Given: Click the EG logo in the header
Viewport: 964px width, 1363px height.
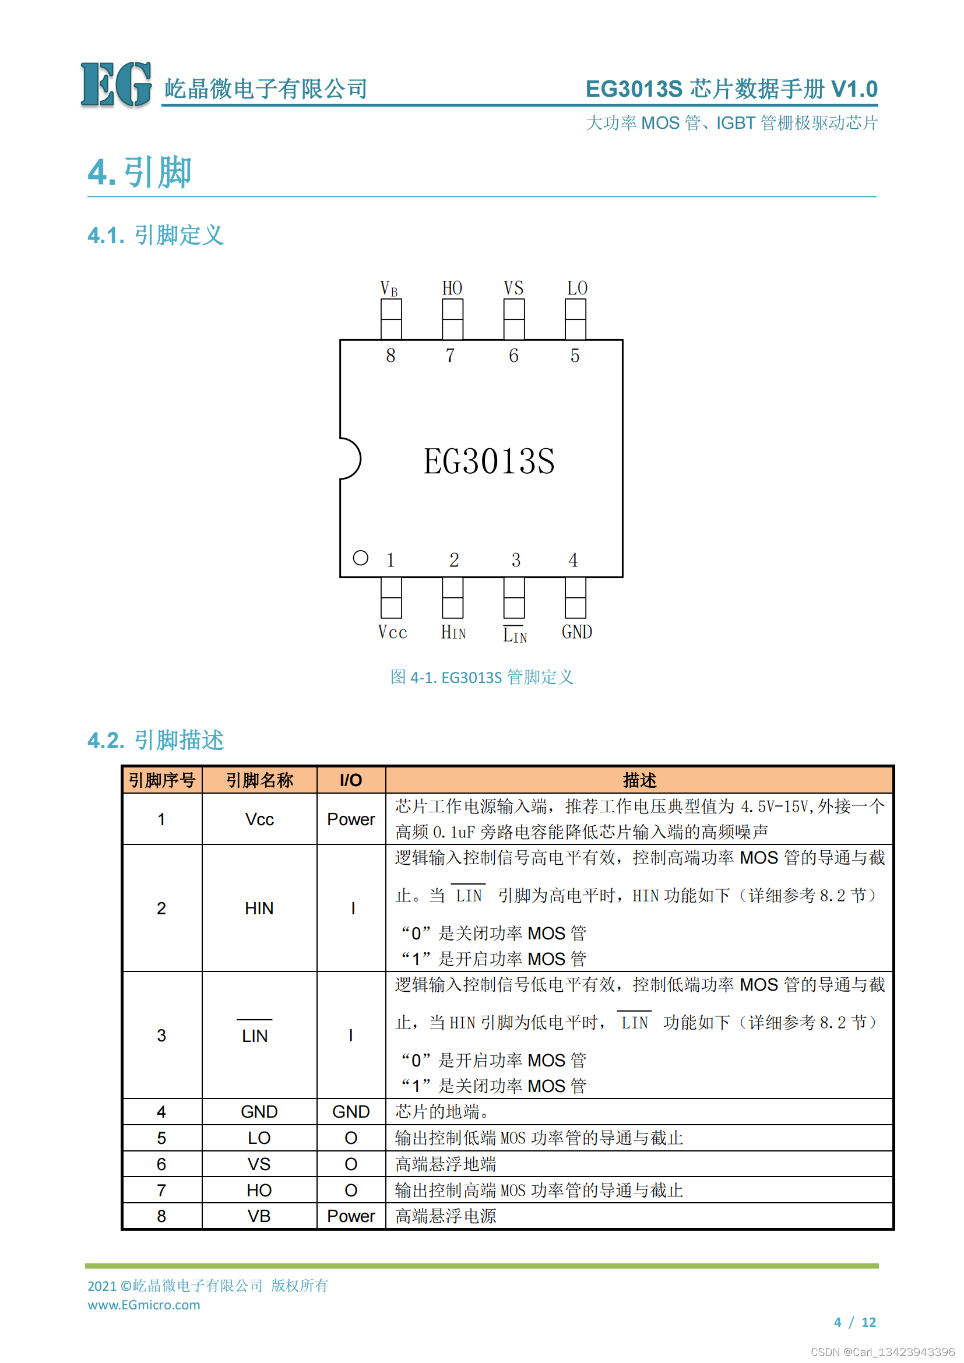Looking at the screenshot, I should coord(116,84).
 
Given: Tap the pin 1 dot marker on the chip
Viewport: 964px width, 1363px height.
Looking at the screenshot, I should coord(360,558).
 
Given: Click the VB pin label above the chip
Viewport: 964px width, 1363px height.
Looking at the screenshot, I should coord(389,288).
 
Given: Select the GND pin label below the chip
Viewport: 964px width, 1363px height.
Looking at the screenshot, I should coord(576,632).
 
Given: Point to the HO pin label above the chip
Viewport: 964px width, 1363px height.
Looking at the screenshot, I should coord(452,288).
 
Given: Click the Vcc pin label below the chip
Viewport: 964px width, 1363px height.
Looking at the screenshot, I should coord(392,632).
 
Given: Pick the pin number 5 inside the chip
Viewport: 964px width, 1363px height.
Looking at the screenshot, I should coord(575,355).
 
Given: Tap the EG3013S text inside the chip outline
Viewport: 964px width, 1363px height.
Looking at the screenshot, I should coord(488,462).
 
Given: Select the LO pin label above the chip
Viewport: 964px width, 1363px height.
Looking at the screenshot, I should coord(576,288).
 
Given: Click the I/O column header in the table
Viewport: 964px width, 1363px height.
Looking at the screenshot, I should coord(351,780).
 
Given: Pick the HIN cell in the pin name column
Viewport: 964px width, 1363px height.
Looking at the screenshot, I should coord(259,908).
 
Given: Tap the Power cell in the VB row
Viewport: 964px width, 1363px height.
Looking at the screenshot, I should coord(351,1216).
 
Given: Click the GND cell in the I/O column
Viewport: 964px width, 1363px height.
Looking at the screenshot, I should coord(351,1112).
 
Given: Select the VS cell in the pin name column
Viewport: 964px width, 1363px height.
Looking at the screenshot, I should coord(259,1164).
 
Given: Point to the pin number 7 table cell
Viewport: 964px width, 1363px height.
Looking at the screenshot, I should coord(161,1191).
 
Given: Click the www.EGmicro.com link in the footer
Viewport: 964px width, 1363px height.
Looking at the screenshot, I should coord(143,1305).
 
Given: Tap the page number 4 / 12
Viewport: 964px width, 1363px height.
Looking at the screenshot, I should coord(855,1322).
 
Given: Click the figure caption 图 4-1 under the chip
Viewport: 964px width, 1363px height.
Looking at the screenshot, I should coord(481,677).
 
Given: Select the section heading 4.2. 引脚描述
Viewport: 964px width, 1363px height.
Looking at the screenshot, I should coord(156,740).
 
